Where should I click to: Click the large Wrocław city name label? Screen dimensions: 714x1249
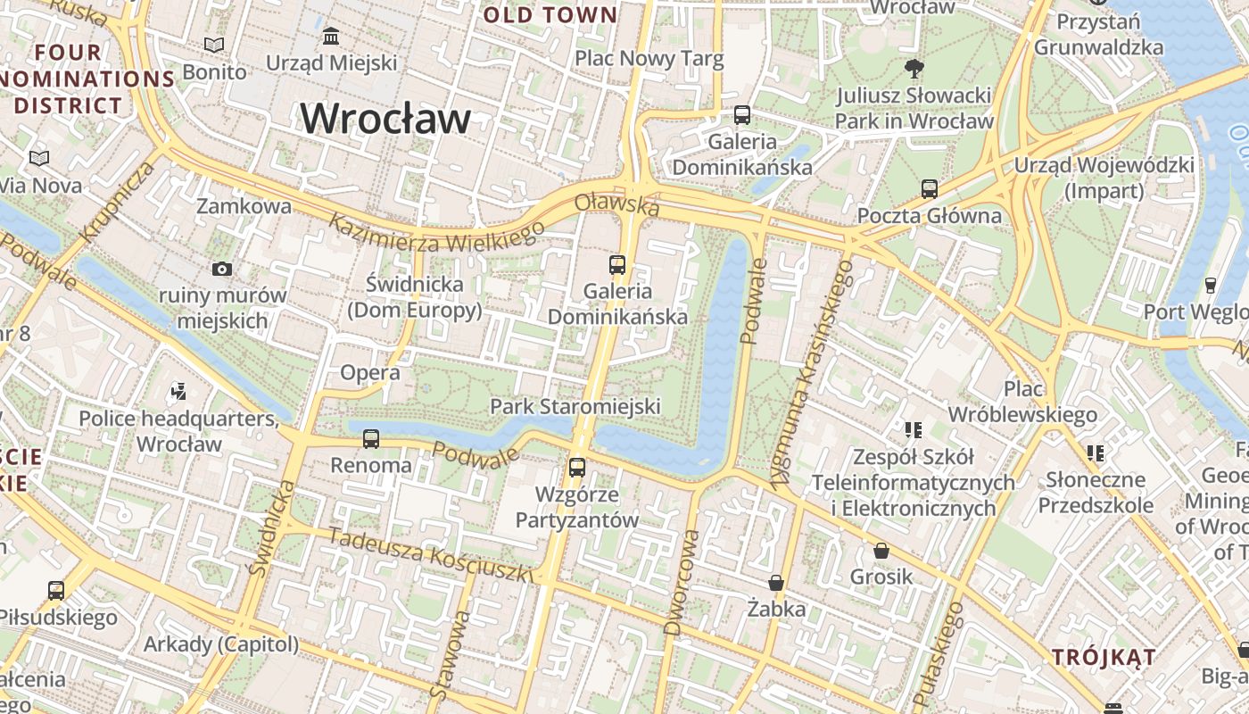coord(385,119)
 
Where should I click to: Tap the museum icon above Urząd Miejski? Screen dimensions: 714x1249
coord(332,37)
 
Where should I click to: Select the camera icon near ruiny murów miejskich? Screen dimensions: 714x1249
coord(222,269)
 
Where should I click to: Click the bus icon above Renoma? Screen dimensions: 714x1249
coord(371,439)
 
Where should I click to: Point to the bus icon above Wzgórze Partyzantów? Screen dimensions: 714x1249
coord(577,467)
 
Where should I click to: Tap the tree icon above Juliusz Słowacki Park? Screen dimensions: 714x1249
coord(914,68)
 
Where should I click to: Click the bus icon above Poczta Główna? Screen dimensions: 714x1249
coord(930,189)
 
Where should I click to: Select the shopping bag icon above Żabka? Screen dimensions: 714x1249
coord(776,583)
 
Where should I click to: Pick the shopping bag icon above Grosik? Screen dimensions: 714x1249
coord(881,550)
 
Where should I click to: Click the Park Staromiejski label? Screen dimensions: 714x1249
coord(575,407)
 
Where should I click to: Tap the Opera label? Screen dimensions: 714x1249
coord(370,372)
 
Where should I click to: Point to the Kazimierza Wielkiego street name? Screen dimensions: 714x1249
coord(436,233)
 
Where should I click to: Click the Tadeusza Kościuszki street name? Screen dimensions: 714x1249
coord(431,555)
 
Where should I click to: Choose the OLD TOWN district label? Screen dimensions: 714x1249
coord(550,15)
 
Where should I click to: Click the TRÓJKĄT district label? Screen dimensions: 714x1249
coord(1104,658)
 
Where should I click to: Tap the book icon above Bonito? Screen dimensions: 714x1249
coord(214,45)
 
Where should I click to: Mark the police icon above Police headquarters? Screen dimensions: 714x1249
coord(178,391)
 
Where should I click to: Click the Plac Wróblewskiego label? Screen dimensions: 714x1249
coord(1022,402)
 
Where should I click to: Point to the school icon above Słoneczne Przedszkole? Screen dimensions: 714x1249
coord(1096,453)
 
